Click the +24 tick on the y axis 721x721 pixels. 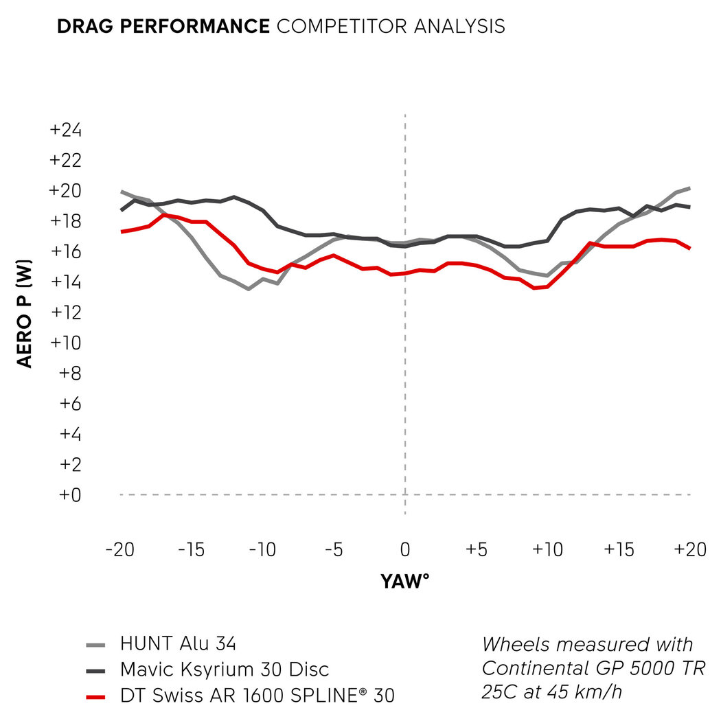pos(67,130)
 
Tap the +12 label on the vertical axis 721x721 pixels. pos(67,312)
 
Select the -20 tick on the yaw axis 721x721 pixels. pos(120,551)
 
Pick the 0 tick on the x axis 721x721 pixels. pos(405,551)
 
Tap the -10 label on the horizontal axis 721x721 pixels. pos(262,551)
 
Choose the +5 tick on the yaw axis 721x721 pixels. pos(476,551)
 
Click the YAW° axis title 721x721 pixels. pos(404,582)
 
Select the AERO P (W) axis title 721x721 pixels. pos(25,312)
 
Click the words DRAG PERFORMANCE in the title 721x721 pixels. pos(163,27)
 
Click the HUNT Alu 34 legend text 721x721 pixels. pos(178,644)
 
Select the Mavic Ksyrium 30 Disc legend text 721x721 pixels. pos(225,669)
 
